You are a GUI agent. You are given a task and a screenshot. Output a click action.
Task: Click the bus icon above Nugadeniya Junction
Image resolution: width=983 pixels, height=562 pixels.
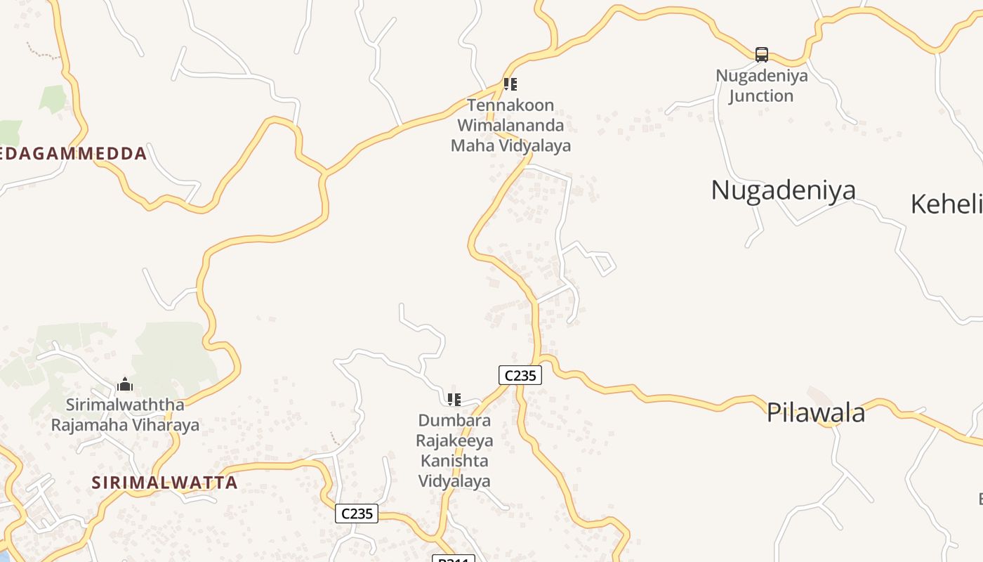pyautogui.click(x=762, y=54)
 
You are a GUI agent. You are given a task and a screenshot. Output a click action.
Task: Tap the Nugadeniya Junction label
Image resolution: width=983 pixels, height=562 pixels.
pyautogui.click(x=762, y=86)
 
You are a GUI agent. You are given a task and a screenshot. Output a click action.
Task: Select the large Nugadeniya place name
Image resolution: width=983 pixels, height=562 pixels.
pyautogui.click(x=783, y=190)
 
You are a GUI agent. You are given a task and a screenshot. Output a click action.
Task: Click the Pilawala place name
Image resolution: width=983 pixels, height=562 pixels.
pyautogui.click(x=815, y=412)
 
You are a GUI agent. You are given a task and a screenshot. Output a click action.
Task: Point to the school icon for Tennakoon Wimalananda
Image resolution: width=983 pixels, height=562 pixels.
pyautogui.click(x=510, y=84)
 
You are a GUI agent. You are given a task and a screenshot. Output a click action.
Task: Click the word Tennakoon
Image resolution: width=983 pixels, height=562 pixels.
pyautogui.click(x=510, y=105)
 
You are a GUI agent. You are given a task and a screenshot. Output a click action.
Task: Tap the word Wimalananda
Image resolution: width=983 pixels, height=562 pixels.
pyautogui.click(x=510, y=126)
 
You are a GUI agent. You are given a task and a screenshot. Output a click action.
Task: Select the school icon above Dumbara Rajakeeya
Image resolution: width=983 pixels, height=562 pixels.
pyautogui.click(x=454, y=399)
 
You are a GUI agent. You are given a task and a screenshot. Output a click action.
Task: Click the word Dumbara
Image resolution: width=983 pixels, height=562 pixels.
pyautogui.click(x=454, y=420)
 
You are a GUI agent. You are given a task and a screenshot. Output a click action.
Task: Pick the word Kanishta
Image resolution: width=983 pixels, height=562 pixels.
pyautogui.click(x=454, y=461)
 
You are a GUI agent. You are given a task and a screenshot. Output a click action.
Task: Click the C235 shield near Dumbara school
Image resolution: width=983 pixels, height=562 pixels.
pyautogui.click(x=520, y=375)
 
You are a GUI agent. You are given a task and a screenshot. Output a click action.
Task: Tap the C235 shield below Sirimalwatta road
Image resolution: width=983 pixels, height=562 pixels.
pyautogui.click(x=357, y=514)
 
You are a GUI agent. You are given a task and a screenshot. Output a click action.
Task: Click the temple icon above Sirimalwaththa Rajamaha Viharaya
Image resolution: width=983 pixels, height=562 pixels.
pyautogui.click(x=125, y=384)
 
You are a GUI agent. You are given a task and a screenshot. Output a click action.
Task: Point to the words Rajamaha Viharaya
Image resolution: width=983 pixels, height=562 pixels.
pyautogui.click(x=125, y=425)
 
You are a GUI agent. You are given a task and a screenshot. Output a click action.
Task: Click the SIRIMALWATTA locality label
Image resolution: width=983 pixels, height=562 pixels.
pyautogui.click(x=164, y=483)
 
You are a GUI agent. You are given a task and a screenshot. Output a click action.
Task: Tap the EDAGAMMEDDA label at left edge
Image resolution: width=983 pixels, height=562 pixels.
pyautogui.click(x=74, y=154)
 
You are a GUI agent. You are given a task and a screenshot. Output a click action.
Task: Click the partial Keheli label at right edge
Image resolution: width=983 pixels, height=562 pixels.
pyautogui.click(x=946, y=204)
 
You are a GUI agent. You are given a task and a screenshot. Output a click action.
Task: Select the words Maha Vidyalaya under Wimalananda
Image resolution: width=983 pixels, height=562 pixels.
pyautogui.click(x=510, y=146)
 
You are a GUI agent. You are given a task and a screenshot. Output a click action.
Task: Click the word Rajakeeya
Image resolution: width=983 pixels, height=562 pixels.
pyautogui.click(x=454, y=440)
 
